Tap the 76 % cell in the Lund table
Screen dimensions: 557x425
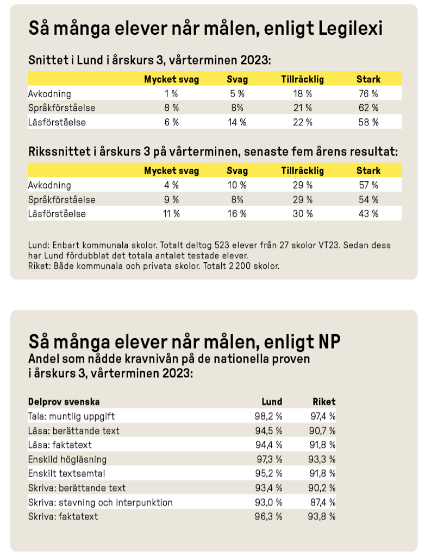[x=368, y=93]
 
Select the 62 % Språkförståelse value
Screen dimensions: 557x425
[x=368, y=108]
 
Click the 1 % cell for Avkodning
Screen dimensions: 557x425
[x=171, y=93]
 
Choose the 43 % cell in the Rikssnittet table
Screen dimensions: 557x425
[x=368, y=214]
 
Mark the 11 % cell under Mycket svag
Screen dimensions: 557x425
[x=171, y=214]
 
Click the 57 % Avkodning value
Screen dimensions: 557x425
[x=368, y=185]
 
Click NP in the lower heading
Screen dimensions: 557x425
[x=328, y=343]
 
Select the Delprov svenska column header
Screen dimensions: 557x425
[x=64, y=402]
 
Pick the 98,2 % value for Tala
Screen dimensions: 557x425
[x=268, y=416]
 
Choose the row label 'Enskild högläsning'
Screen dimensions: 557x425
[x=67, y=459]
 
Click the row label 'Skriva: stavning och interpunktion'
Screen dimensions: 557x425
[x=100, y=502]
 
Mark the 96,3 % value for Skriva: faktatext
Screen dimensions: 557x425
[x=268, y=516]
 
